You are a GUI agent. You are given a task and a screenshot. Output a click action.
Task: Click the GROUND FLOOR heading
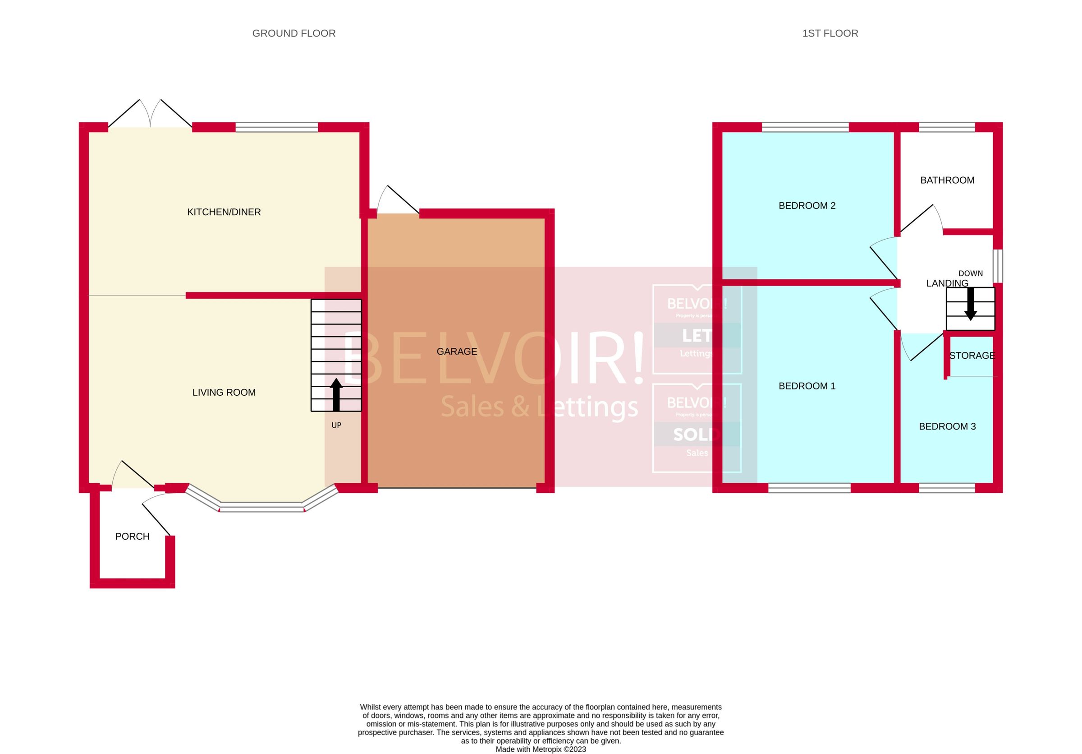[293, 33]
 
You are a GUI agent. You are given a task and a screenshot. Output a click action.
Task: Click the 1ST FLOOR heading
[830, 33]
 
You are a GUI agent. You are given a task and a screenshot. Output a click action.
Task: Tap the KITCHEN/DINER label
[224, 212]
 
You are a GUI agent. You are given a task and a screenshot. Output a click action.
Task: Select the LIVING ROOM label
[224, 392]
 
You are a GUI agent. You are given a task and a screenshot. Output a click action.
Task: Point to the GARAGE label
[457, 352]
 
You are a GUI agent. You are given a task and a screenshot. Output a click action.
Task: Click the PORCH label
[132, 536]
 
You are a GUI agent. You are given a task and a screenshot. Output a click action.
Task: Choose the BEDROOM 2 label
[807, 206]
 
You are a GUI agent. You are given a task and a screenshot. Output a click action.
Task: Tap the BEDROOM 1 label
[807, 386]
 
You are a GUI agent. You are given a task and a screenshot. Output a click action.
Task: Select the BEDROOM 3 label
[947, 427]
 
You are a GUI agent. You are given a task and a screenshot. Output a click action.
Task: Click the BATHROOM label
[947, 180]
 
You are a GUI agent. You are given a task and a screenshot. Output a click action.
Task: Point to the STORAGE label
[972, 356]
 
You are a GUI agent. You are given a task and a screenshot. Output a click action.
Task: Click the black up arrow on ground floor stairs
[336, 394]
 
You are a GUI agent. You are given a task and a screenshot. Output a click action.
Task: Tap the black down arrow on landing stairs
[970, 304]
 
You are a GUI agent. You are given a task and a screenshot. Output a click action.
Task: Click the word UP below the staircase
[336, 426]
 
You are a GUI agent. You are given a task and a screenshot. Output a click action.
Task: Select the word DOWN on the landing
[970, 273]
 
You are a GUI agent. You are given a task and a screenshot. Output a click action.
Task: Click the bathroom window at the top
[946, 127]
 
